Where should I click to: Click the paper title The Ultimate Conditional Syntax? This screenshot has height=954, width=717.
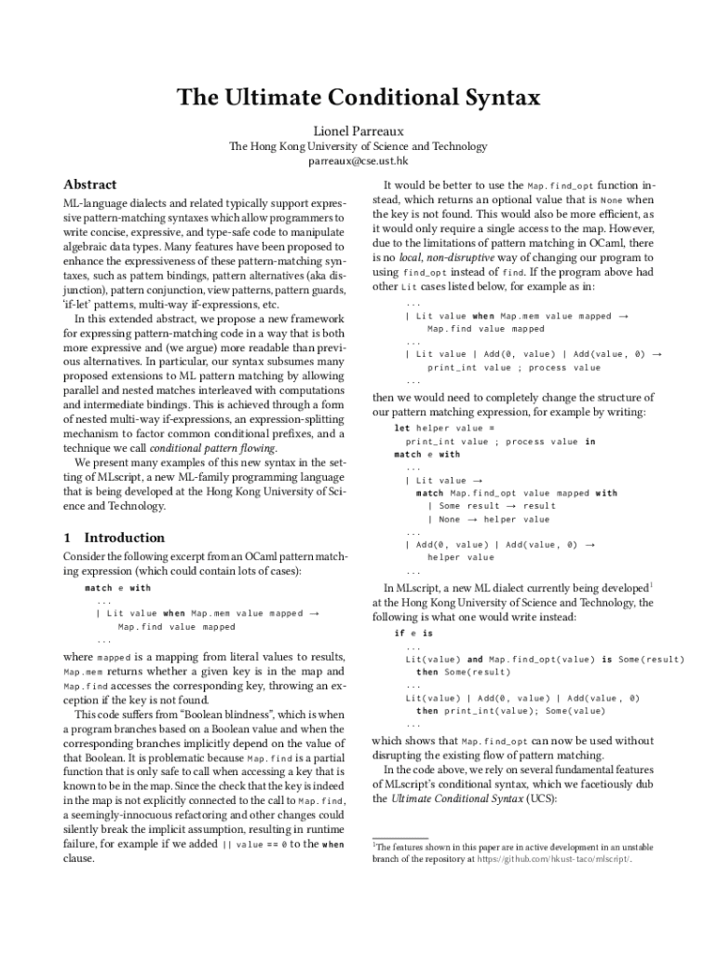point(358,98)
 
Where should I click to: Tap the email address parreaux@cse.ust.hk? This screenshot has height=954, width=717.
point(358,161)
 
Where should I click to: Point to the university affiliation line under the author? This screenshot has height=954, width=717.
point(358,146)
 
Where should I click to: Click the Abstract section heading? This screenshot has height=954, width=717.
point(89,184)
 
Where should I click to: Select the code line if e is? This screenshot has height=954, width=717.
point(413,633)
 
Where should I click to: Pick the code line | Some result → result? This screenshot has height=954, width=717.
point(491,506)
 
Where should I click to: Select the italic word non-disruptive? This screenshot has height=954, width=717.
point(458,257)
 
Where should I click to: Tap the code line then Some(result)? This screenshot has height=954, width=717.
point(463,672)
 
